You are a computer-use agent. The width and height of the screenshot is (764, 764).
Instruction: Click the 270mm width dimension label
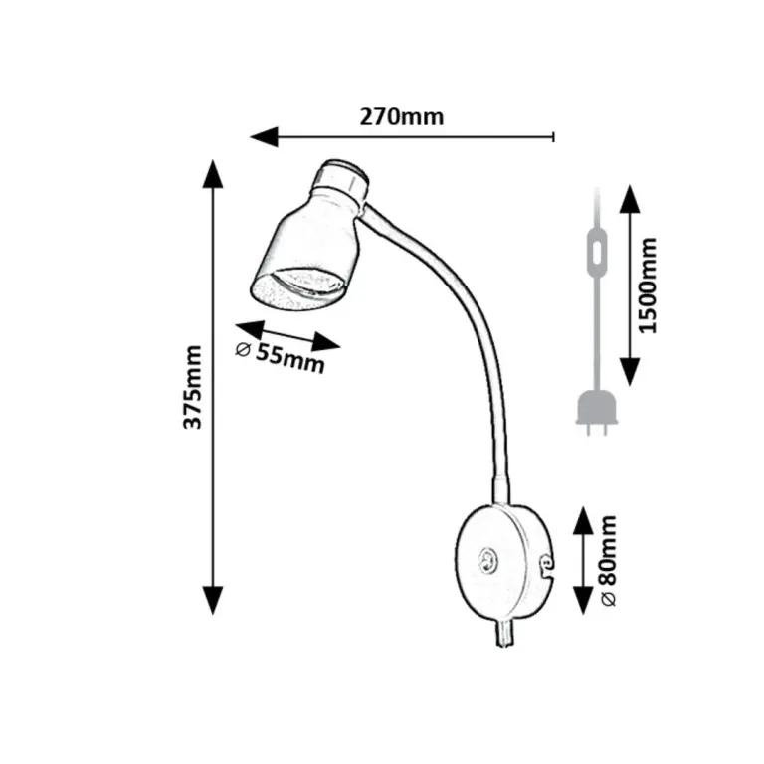click(x=402, y=117)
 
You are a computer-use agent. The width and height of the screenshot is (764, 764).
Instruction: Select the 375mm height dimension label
click(x=192, y=387)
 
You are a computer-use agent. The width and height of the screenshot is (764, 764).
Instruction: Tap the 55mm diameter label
click(x=281, y=356)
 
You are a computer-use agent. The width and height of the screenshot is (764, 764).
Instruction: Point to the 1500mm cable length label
click(x=647, y=286)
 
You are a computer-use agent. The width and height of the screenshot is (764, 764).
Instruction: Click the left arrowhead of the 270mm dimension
click(x=264, y=137)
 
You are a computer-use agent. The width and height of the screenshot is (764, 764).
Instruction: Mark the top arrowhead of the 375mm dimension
click(x=213, y=174)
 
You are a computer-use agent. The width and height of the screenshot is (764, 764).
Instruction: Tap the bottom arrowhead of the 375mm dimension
click(x=213, y=600)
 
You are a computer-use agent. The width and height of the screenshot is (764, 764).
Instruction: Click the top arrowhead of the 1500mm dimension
click(x=630, y=199)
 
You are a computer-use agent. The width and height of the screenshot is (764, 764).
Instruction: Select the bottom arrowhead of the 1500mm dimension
click(x=630, y=371)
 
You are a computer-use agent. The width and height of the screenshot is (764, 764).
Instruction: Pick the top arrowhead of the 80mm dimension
click(x=583, y=520)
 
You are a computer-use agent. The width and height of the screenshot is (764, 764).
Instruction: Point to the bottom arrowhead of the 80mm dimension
click(x=583, y=600)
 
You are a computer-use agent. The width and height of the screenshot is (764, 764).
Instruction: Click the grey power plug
click(x=597, y=413)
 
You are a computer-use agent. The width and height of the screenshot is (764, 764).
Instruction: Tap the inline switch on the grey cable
click(x=597, y=253)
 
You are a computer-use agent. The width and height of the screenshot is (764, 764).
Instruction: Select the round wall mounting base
click(x=503, y=561)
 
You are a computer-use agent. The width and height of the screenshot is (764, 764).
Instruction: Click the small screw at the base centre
click(x=487, y=559)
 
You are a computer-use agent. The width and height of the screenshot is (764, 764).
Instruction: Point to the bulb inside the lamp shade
click(x=307, y=284)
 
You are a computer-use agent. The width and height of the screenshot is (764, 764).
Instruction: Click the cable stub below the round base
click(x=504, y=633)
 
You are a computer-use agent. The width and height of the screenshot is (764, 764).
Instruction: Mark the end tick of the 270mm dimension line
click(x=553, y=137)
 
